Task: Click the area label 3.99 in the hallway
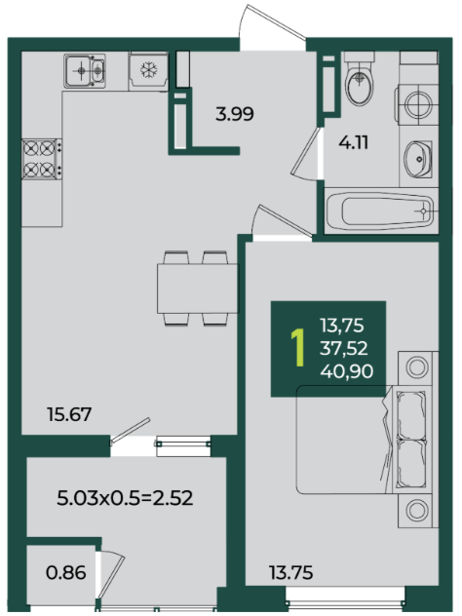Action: pos(235,114)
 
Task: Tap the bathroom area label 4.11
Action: pos(354,142)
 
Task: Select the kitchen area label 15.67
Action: pos(69,414)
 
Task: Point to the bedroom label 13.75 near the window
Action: pos(291,572)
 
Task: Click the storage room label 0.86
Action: pos(66,572)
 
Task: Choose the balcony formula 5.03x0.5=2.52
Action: pos(125,498)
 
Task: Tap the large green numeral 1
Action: pos(298,348)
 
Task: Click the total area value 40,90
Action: pos(347,371)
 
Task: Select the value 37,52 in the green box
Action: pos(344,349)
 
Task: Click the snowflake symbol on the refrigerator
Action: pos(149,70)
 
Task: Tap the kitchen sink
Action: pos(85,71)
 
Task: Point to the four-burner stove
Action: pos(42,159)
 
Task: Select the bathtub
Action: pos(381,211)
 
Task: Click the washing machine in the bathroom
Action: pos(417,104)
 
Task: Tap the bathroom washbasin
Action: pos(418,159)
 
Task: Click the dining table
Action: pos(198,289)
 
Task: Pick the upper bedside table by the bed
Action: pos(417,367)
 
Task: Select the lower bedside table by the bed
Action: pos(417,511)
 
